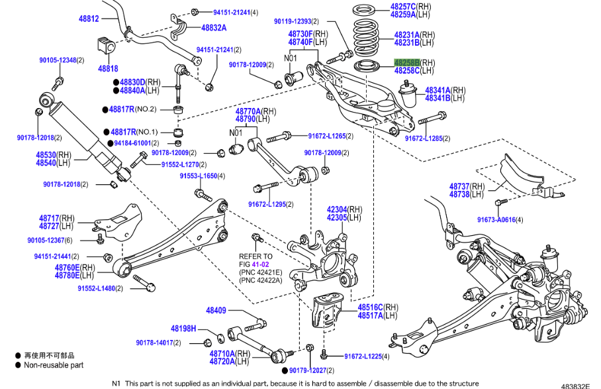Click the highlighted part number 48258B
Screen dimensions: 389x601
(x=406, y=62)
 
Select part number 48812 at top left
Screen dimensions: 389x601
(x=87, y=19)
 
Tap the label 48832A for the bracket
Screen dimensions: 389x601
(x=214, y=27)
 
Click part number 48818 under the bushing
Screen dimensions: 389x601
(x=108, y=68)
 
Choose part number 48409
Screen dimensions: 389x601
(x=216, y=310)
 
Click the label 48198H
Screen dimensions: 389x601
(x=183, y=328)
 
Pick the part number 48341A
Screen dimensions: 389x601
(x=437, y=89)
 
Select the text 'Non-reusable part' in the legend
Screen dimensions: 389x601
(x=54, y=364)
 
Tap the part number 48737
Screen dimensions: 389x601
(x=458, y=187)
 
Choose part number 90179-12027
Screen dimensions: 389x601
(x=308, y=370)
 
